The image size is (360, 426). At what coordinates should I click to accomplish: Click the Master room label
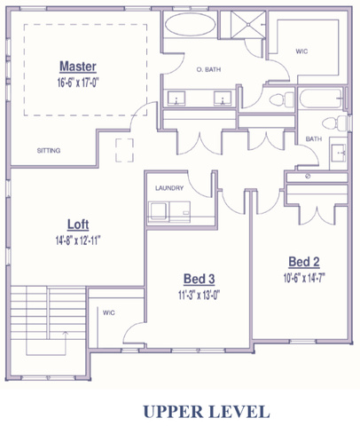78,67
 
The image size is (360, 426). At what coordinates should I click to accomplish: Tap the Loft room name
78,225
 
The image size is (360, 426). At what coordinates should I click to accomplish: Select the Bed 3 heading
200,279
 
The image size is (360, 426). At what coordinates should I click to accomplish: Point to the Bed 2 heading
304,262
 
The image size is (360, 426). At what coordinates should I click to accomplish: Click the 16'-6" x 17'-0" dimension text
78,83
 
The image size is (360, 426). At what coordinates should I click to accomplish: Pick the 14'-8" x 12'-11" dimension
78,241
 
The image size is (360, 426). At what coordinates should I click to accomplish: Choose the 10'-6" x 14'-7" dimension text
304,278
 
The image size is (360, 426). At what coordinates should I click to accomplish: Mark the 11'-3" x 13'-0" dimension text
200,295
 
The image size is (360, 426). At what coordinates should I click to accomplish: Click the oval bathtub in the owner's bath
190,25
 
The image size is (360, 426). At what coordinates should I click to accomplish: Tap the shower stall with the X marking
248,25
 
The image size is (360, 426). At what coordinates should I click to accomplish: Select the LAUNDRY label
169,188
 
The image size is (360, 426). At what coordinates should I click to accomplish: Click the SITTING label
49,151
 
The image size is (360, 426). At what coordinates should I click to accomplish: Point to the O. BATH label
208,70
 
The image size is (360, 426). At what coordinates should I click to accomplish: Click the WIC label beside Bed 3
109,312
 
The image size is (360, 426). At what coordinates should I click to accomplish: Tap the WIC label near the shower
301,51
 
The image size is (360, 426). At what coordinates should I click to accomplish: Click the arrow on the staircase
66,343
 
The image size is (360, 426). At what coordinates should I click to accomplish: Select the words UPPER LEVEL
207,412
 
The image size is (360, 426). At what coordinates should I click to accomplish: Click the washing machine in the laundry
159,211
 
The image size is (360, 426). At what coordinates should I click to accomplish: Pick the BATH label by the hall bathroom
314,138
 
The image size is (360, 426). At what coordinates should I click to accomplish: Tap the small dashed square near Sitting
124,150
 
